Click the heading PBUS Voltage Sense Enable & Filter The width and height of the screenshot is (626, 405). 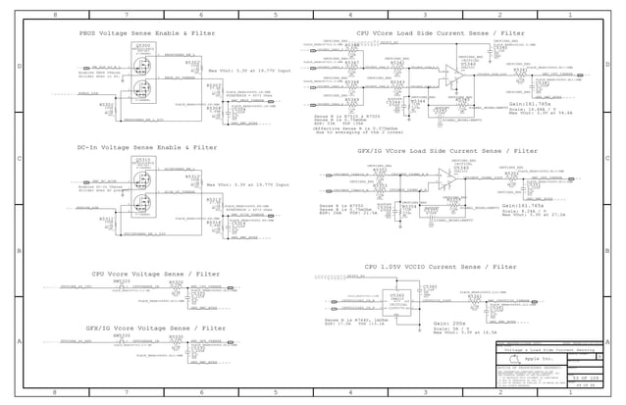point(147,33)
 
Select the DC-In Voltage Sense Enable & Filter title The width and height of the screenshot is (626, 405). point(147,147)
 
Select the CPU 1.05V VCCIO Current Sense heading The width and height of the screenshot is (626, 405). point(441,267)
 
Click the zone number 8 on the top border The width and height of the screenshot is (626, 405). point(54,16)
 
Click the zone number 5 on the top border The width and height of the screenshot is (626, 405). point(276,16)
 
